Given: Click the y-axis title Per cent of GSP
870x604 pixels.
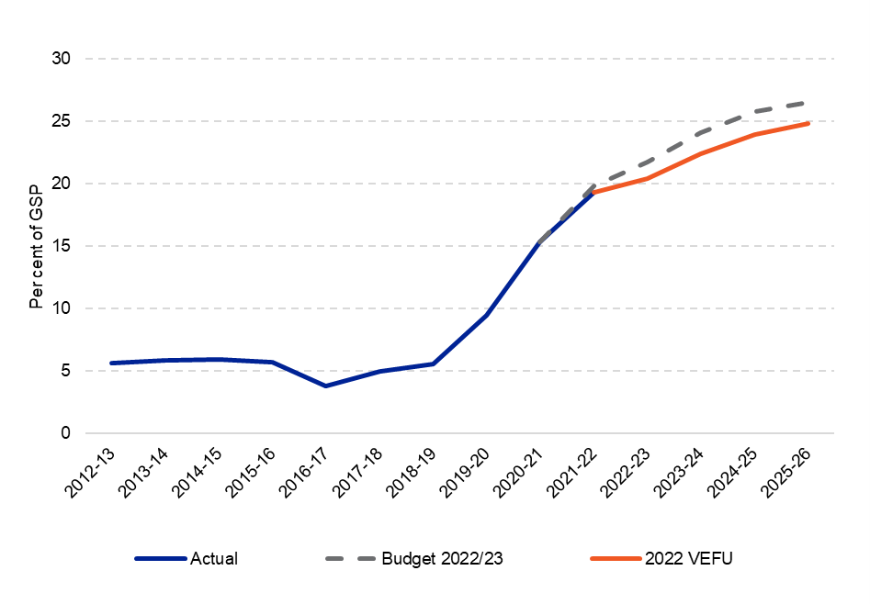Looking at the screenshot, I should [36, 246].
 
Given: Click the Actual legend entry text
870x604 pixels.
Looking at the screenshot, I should [213, 558].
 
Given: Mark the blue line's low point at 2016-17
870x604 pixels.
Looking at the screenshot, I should [325, 386].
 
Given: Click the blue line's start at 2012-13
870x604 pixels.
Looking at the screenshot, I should [111, 363].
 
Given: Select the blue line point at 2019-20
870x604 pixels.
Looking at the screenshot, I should [486, 315].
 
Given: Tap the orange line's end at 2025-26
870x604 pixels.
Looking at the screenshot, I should [808, 123].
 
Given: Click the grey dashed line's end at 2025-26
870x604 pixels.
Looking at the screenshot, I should [808, 103].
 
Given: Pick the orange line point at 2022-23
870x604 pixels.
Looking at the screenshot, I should [647, 178].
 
